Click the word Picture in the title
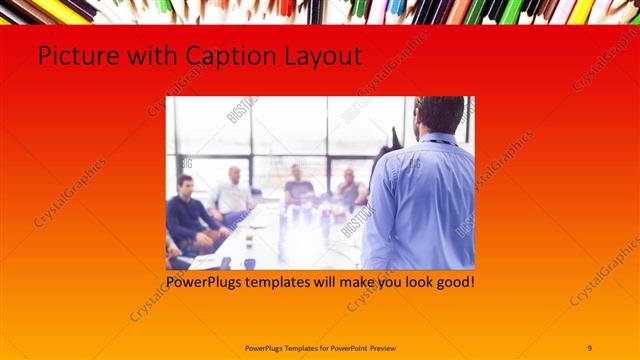[x=71, y=56]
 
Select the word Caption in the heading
[x=209, y=56]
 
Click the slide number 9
[x=590, y=347]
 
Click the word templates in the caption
[x=284, y=282]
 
